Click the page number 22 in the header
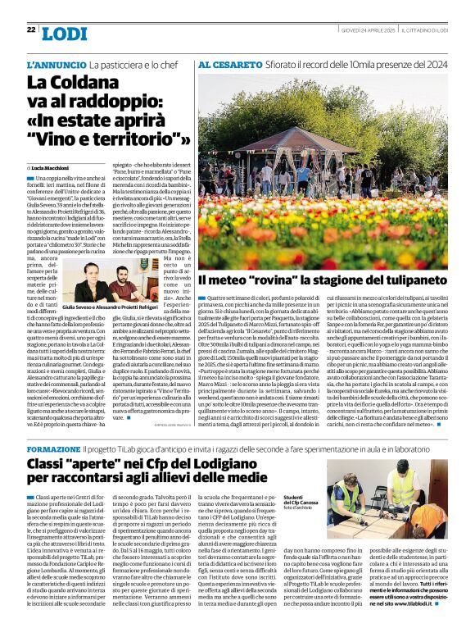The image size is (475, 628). coord(31,30)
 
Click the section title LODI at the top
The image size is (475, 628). coord(64,34)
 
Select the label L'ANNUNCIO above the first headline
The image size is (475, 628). coord(57,63)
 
